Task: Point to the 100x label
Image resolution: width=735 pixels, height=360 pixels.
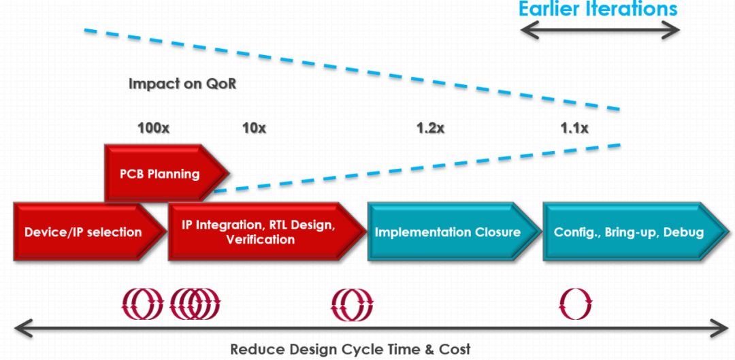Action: (x=153, y=128)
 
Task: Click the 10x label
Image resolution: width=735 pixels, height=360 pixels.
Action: (x=254, y=128)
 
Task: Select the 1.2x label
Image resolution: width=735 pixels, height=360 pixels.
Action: (x=431, y=128)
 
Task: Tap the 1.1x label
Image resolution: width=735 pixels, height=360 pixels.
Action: (x=574, y=128)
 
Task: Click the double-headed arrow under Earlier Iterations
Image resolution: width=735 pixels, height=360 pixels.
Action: (x=600, y=31)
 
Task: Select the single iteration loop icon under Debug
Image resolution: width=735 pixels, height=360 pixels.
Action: (x=575, y=304)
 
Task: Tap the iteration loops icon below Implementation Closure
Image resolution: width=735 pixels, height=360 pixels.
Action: (x=352, y=304)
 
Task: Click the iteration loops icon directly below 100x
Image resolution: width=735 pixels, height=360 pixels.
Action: (x=143, y=304)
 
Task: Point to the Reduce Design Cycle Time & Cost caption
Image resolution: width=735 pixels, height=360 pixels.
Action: (x=350, y=349)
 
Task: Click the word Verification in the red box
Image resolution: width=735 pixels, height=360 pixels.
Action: (x=260, y=240)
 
